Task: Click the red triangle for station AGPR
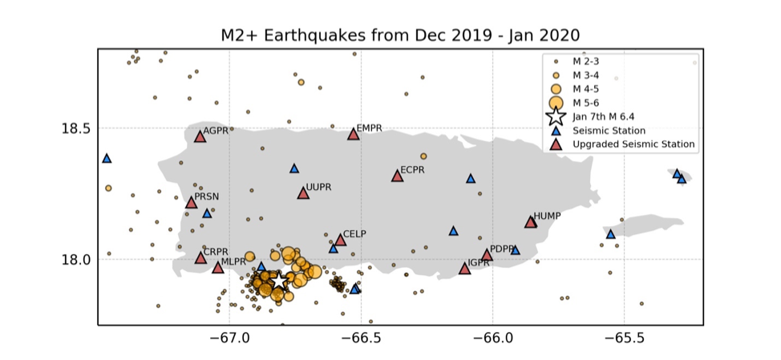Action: click(x=200, y=136)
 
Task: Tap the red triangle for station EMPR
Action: click(x=353, y=133)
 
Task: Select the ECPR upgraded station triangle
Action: click(x=397, y=176)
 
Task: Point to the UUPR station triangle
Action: click(x=303, y=193)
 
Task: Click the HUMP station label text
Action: click(x=547, y=216)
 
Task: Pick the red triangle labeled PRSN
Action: click(x=192, y=203)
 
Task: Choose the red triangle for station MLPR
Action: click(x=217, y=268)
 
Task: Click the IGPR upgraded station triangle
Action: click(x=465, y=269)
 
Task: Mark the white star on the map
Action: click(x=278, y=281)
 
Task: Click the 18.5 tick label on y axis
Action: click(x=75, y=128)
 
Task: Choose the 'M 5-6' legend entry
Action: click(x=584, y=103)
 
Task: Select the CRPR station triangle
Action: click(x=200, y=257)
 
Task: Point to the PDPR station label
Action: click(x=502, y=249)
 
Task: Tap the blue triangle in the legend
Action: click(x=556, y=131)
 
